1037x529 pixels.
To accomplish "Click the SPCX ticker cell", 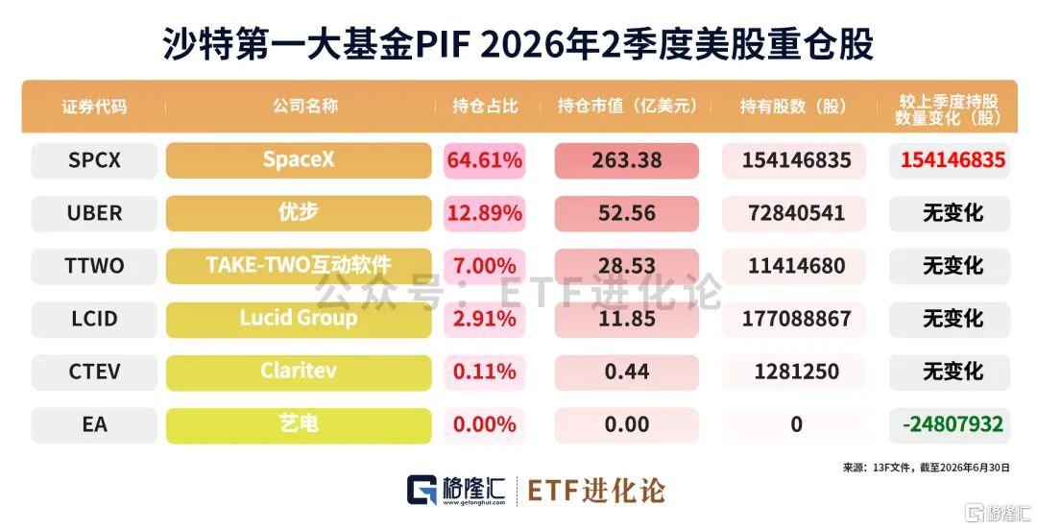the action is [x=94, y=160].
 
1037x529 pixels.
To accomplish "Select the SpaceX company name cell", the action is [x=299, y=160].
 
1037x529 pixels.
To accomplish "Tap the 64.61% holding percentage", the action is [x=485, y=160].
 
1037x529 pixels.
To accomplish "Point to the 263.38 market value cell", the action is [x=626, y=160].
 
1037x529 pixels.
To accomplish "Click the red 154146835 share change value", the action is [x=953, y=160].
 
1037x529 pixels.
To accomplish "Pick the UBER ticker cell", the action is [x=94, y=213].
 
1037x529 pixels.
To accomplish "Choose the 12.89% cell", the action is [x=485, y=213].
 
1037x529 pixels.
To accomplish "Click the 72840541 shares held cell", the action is [x=796, y=213].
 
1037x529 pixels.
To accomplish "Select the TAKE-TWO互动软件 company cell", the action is [x=299, y=266].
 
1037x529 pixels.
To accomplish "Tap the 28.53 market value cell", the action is [x=626, y=266].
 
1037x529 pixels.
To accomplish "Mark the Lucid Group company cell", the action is [x=299, y=319].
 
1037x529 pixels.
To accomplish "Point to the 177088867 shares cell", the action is [x=796, y=319].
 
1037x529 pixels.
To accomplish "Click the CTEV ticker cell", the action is [x=94, y=372].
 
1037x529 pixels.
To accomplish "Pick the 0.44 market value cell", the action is [x=626, y=372].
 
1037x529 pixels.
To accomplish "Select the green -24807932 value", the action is [x=953, y=424].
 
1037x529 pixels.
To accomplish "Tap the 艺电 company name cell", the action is [x=299, y=424].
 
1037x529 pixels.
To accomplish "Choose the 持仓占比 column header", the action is [x=485, y=107].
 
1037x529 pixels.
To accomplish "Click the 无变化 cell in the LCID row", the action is [x=953, y=319].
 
